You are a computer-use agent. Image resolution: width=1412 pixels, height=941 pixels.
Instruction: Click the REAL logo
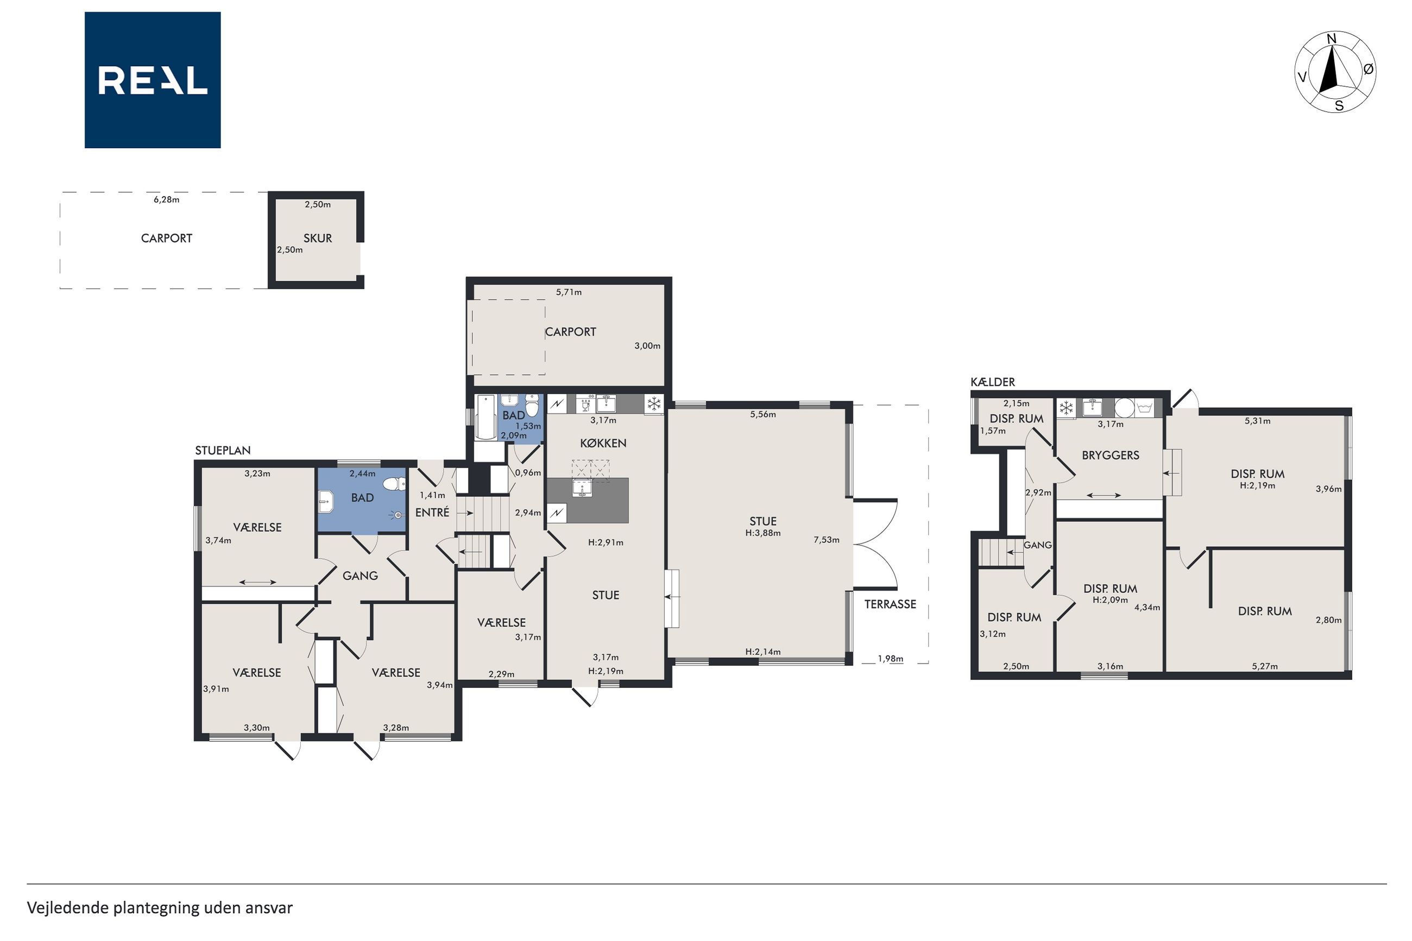click(153, 80)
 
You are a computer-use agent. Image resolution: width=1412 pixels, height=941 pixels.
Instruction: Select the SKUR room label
click(318, 238)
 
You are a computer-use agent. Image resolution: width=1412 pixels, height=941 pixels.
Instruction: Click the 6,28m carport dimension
click(166, 200)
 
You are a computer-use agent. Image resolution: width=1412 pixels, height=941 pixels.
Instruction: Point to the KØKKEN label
click(603, 444)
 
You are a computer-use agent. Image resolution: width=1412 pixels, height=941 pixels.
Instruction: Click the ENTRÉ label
click(432, 513)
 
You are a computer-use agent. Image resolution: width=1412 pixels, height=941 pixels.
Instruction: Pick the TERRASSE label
click(890, 604)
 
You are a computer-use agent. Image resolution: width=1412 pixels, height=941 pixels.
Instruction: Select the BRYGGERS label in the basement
click(1110, 456)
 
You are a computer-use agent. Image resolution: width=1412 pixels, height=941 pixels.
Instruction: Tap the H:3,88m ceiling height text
click(762, 533)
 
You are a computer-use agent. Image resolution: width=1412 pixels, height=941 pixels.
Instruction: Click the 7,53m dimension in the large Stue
click(827, 540)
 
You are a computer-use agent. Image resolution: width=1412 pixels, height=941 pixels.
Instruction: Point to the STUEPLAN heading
click(223, 451)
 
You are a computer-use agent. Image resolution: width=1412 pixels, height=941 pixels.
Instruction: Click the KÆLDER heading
click(993, 382)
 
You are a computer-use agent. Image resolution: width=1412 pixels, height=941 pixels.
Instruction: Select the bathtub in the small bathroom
click(485, 418)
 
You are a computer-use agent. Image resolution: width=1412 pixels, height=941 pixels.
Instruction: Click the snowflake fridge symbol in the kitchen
click(653, 404)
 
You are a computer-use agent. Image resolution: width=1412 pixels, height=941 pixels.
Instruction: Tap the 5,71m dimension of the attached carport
click(568, 292)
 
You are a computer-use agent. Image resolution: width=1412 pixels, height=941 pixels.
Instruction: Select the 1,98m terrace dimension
click(890, 658)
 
